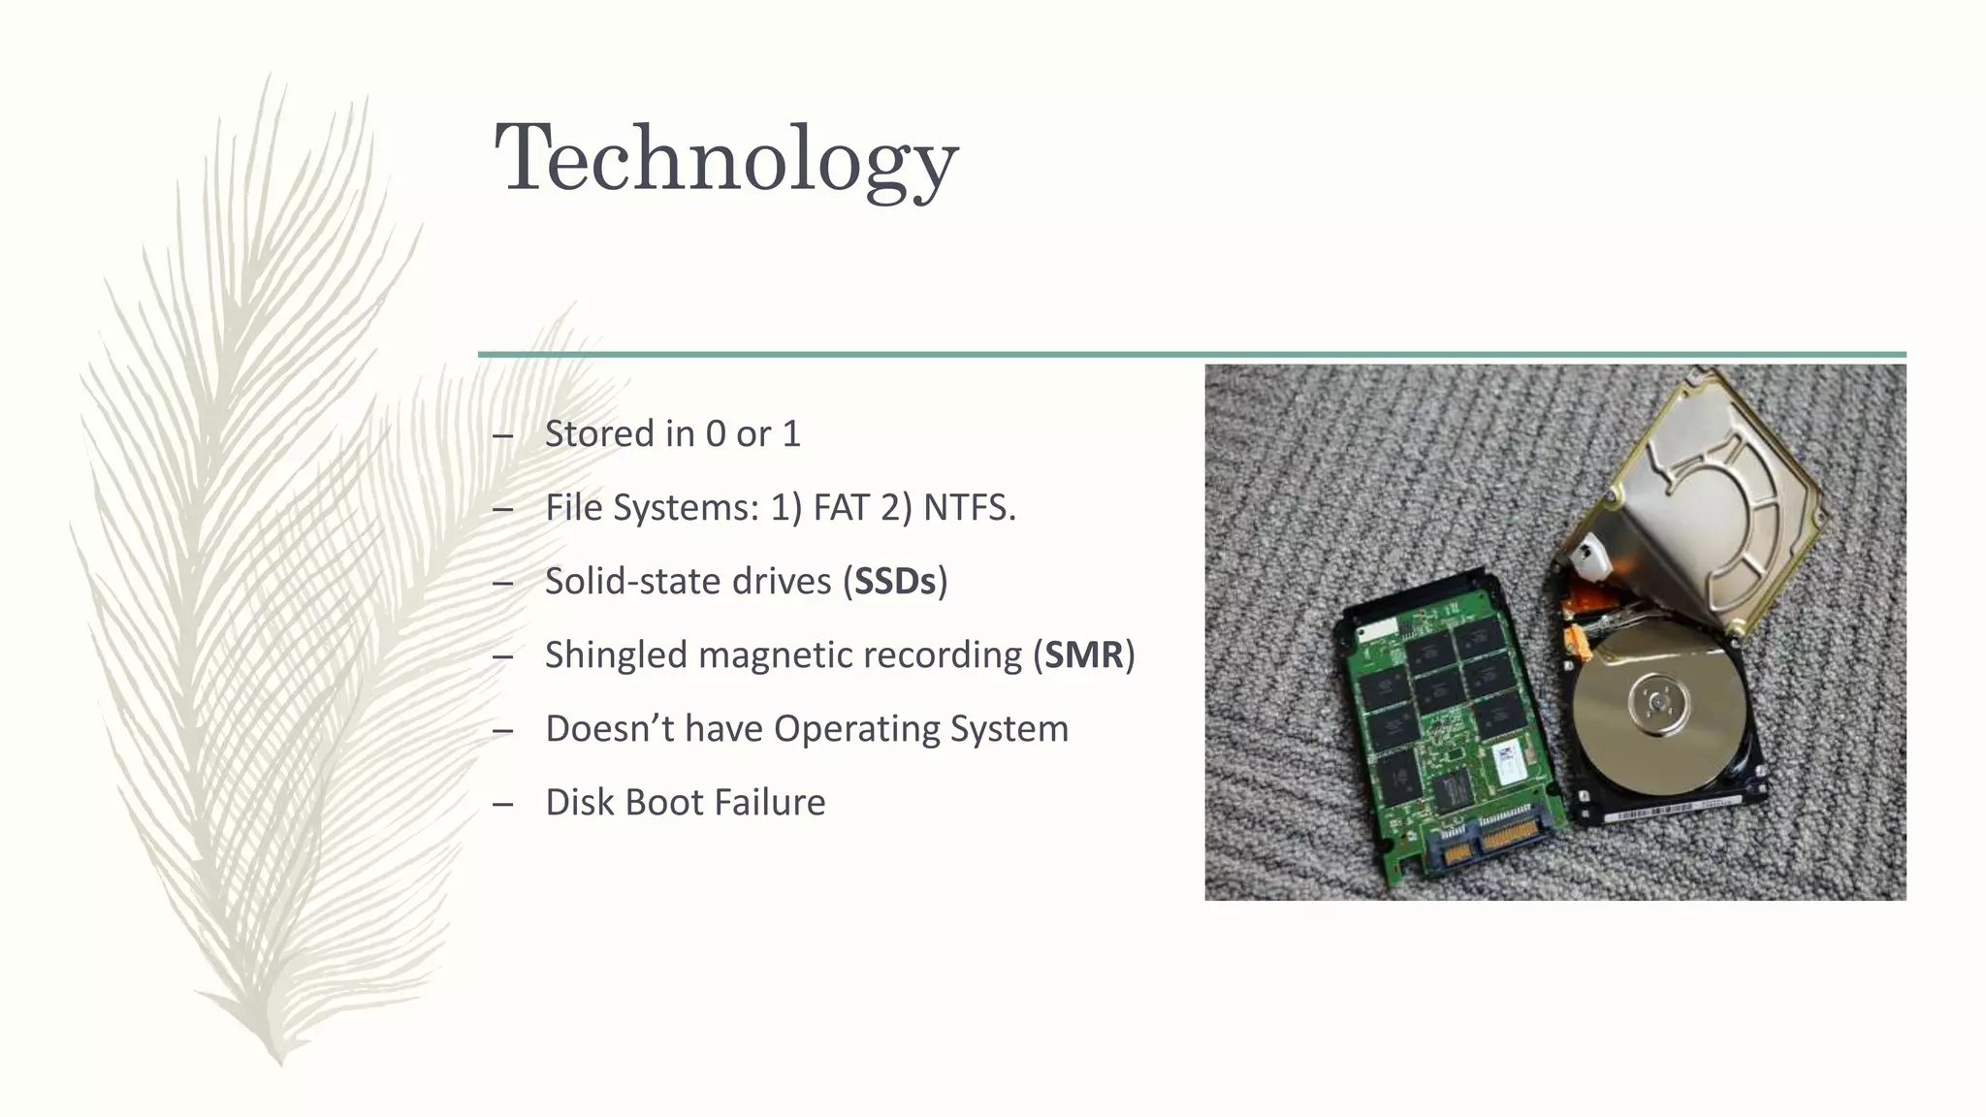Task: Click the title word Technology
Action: (725, 159)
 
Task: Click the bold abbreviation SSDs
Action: (894, 581)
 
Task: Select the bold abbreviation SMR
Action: (1083, 654)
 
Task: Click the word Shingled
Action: (616, 654)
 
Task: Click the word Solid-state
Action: (632, 581)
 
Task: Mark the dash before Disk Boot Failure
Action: (502, 803)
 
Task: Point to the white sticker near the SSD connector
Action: (1509, 765)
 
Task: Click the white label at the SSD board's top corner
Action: (1371, 632)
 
